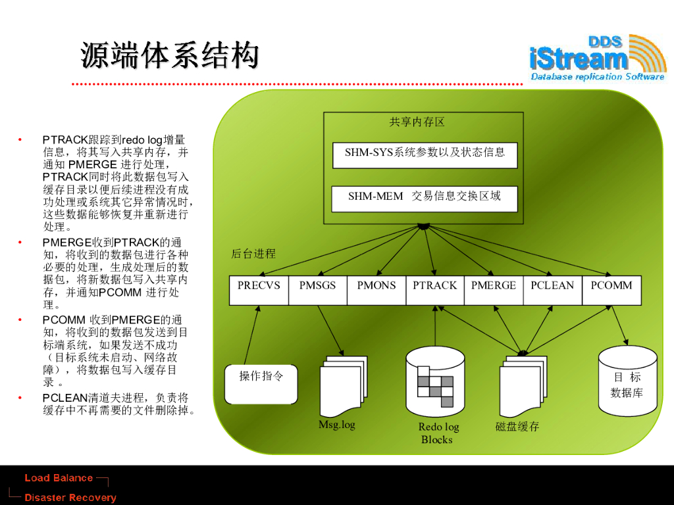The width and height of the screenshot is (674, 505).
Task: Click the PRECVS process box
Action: coord(259,290)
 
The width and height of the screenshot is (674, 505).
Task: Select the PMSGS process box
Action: coord(317,290)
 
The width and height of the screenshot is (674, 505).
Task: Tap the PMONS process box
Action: coord(376,290)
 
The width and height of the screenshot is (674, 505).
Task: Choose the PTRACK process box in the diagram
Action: coord(434,290)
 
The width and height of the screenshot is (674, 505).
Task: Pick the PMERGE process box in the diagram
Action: coord(494,290)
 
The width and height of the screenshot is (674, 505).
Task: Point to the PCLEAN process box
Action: coord(552,290)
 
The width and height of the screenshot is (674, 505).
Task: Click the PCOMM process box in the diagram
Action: coord(611,290)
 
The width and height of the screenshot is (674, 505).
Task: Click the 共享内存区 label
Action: coord(417,122)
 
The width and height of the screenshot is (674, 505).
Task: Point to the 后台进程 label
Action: coord(253,254)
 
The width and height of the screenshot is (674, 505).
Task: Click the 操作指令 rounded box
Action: coord(261,383)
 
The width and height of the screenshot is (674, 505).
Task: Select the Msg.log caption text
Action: coord(336,425)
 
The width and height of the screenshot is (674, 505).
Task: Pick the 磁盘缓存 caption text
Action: coord(517,427)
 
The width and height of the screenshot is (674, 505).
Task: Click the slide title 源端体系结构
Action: coord(170,56)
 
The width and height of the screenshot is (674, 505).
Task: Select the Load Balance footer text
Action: coord(59,478)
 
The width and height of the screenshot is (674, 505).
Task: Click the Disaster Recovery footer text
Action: coord(70,498)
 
